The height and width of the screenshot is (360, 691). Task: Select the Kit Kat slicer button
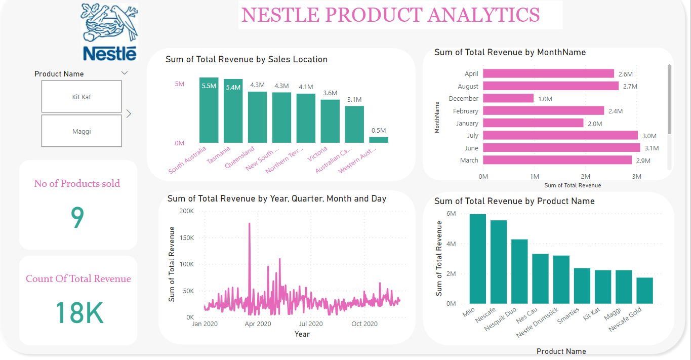pyautogui.click(x=82, y=97)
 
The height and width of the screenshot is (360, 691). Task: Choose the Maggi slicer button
pyautogui.click(x=82, y=132)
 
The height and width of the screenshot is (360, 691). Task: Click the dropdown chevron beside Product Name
pyautogui.click(x=125, y=73)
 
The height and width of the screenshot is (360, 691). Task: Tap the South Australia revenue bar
pyautogui.click(x=209, y=110)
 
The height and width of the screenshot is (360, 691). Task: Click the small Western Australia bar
pyautogui.click(x=379, y=140)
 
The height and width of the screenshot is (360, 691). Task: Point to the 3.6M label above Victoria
pyautogui.click(x=330, y=93)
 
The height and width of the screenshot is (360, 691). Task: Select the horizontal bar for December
pyautogui.click(x=508, y=99)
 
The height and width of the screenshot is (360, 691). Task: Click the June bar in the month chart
pyautogui.click(x=561, y=148)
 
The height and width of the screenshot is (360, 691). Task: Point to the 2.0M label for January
pyautogui.click(x=594, y=124)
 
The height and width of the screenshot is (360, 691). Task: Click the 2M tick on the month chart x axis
pyautogui.click(x=586, y=177)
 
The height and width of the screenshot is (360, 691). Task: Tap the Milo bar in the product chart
pyautogui.click(x=477, y=259)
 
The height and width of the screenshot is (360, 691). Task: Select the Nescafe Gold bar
pyautogui.click(x=644, y=291)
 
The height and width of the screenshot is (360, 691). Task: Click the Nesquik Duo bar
pyautogui.click(x=519, y=271)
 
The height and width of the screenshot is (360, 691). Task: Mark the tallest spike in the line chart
pyautogui.click(x=250, y=224)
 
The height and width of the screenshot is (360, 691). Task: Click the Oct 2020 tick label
pyautogui.click(x=364, y=324)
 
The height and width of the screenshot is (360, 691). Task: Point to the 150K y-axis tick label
pyautogui.click(x=184, y=237)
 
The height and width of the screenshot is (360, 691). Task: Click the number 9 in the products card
pyautogui.click(x=77, y=218)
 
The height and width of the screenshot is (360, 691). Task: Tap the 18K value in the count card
pyautogui.click(x=79, y=313)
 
